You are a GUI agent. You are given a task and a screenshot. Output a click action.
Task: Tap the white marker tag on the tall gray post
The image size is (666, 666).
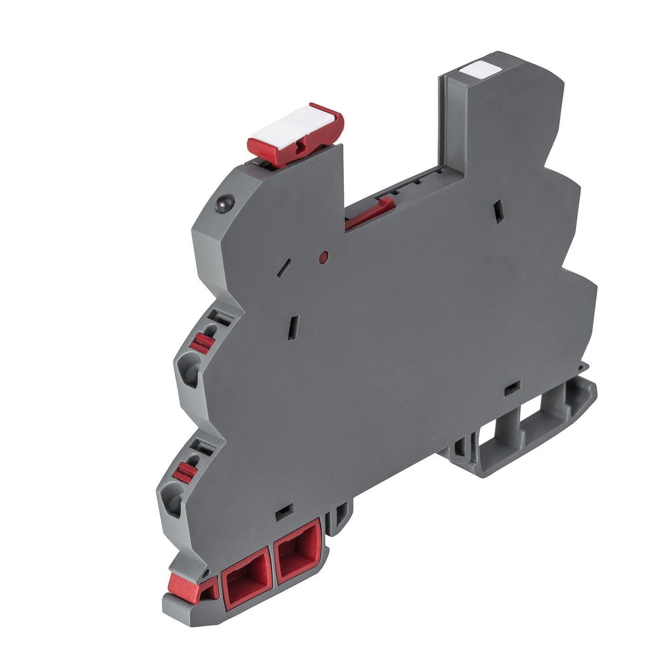point(479,70)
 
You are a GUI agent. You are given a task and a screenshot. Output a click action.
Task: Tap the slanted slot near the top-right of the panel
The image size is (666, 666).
point(498,211)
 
